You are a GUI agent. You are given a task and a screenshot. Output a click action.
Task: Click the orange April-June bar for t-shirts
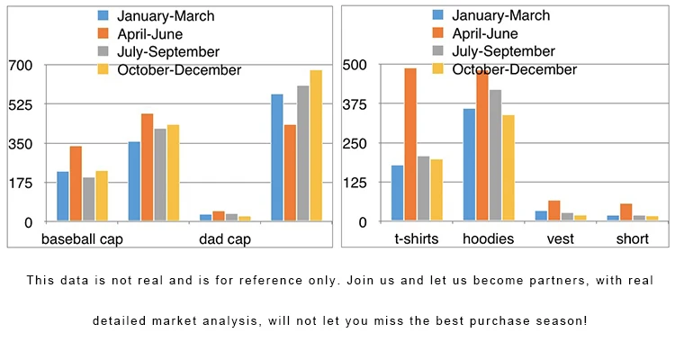(410, 144)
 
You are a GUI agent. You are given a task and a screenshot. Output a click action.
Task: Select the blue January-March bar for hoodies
(469, 165)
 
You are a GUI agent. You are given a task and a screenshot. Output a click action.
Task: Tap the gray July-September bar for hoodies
(495, 155)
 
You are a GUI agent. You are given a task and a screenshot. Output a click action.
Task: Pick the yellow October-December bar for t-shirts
(436, 190)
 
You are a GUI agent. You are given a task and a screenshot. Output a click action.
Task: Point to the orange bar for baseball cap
(76, 184)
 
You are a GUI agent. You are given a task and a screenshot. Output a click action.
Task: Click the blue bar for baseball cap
(63, 196)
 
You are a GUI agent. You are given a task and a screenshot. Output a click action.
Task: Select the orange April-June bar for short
(626, 212)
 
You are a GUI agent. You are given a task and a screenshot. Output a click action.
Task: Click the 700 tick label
(20, 66)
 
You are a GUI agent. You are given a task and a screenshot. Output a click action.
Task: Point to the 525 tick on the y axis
(20, 104)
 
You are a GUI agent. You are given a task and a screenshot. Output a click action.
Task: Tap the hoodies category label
(488, 239)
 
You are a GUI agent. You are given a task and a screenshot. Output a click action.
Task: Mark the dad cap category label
(225, 239)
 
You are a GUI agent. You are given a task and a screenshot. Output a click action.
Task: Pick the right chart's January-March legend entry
(500, 15)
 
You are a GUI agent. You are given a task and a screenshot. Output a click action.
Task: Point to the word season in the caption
(566, 320)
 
